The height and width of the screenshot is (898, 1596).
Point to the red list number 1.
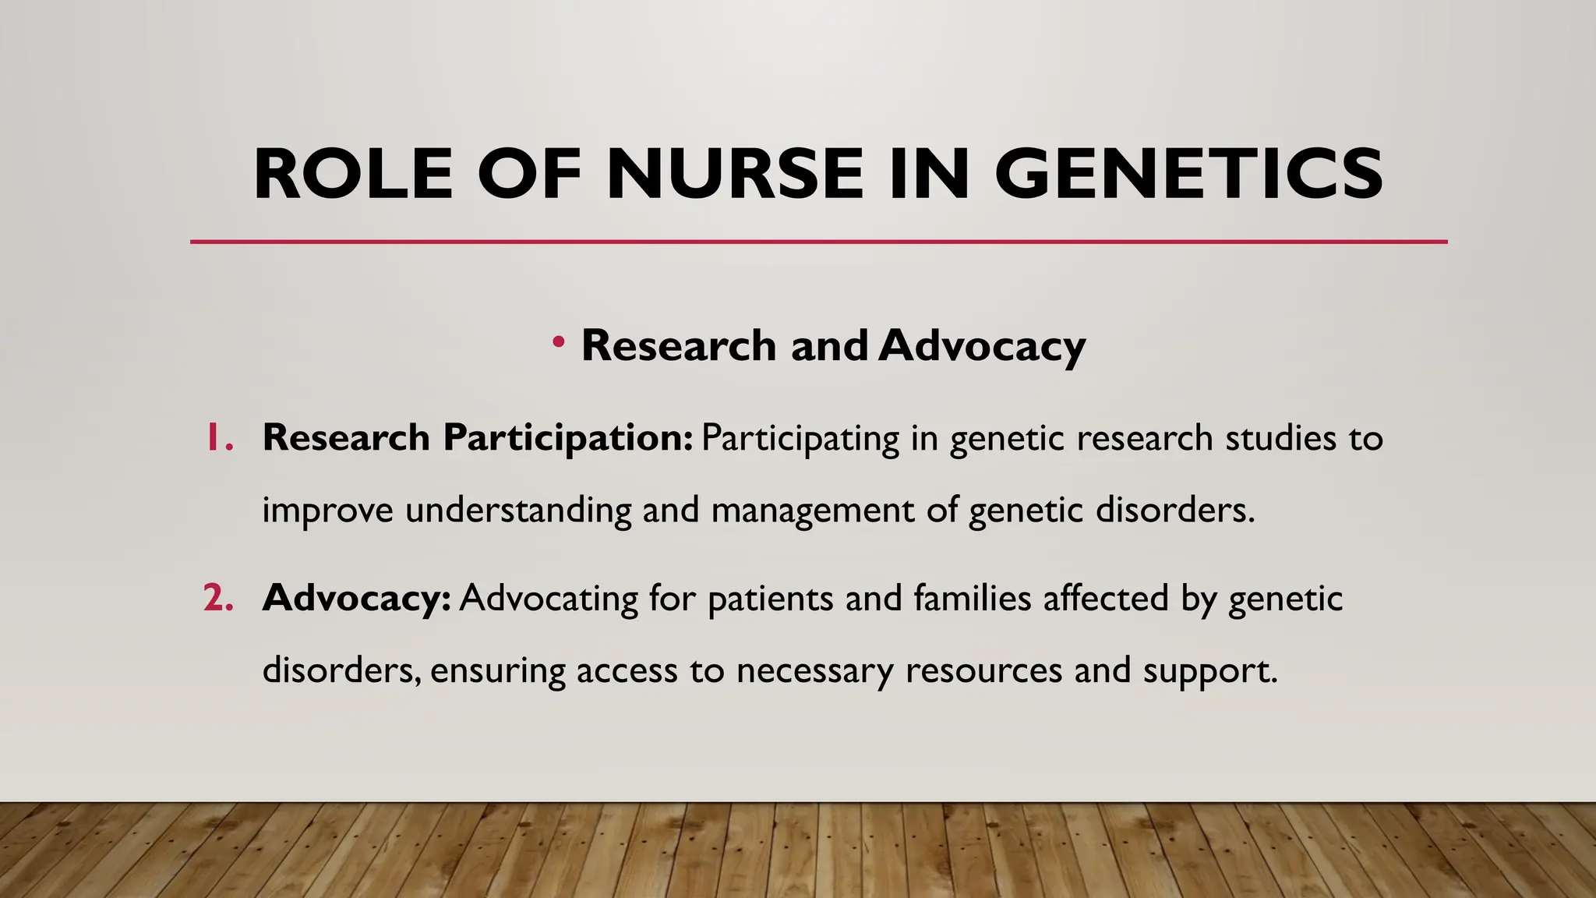click(219, 437)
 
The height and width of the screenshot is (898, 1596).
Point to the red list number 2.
click(218, 598)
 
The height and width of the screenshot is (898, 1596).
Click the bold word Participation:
click(567, 437)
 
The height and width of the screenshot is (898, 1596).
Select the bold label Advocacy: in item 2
click(357, 598)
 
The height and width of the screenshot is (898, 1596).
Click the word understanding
click(518, 510)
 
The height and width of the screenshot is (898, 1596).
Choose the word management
click(813, 510)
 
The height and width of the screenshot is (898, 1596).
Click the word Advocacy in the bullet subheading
click(982, 345)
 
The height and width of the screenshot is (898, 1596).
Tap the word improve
click(327, 510)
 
